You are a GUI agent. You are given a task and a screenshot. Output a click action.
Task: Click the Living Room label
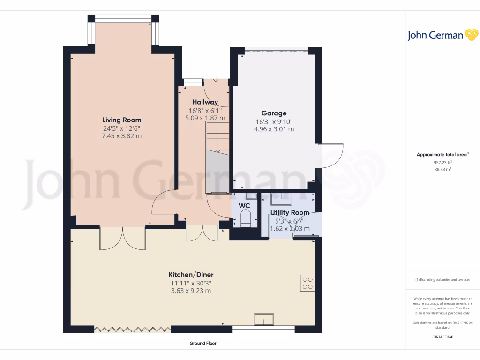[x=122, y=120]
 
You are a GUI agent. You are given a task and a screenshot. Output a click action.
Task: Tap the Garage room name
[x=274, y=113]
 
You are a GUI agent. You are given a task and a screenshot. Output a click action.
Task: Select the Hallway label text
[x=205, y=102]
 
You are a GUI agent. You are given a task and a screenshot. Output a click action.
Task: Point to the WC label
[x=244, y=205]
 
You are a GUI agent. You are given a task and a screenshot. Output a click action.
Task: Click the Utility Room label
[x=289, y=213]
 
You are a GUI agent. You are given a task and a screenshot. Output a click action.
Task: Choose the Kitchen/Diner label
[x=191, y=275]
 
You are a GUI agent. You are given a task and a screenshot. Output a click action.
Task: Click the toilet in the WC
[x=245, y=218]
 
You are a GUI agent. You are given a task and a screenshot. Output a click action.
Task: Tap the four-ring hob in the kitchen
[x=307, y=283]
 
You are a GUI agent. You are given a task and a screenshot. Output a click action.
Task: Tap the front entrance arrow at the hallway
[x=216, y=79]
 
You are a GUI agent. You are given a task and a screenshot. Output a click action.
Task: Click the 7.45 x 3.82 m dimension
[x=122, y=136]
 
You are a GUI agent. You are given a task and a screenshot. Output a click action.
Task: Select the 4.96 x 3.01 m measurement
[x=274, y=129]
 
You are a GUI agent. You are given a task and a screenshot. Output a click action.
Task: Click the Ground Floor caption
[x=203, y=343]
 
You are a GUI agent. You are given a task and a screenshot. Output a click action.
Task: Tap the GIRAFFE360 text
[x=442, y=337]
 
